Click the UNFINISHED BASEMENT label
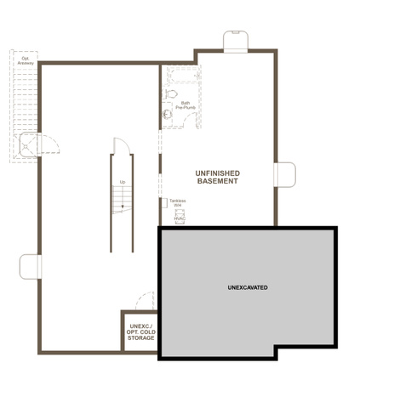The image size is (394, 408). (x=218, y=177)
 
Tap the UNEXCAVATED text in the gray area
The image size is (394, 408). (x=248, y=287)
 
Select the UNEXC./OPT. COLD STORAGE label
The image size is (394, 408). (x=141, y=332)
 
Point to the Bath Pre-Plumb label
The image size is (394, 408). (x=186, y=105)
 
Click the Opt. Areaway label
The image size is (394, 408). (x=26, y=60)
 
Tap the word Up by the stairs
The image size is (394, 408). (x=123, y=182)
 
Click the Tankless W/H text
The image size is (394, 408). (x=178, y=202)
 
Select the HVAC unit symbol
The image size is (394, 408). (x=180, y=217)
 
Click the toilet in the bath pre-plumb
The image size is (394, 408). (x=171, y=93)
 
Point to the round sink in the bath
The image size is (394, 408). (x=168, y=114)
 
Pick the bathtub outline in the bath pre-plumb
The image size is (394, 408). (x=183, y=74)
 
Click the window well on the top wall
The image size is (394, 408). (x=236, y=42)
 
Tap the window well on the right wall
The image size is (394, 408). (x=285, y=174)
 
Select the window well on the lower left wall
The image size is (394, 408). (x=31, y=267)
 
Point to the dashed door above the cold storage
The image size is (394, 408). (x=146, y=301)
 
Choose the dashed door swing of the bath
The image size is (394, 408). (x=190, y=120)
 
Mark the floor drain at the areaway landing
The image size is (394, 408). (x=26, y=146)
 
